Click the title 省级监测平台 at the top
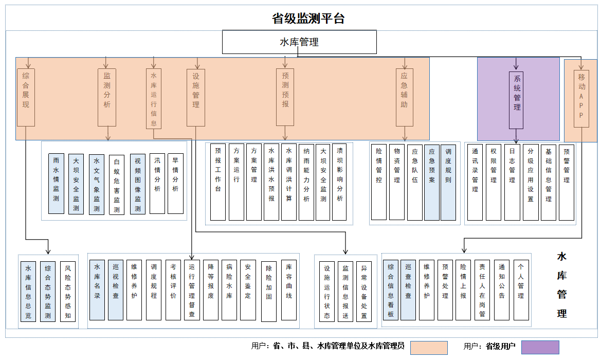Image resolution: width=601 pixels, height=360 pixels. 308,19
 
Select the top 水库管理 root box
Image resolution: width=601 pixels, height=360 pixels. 299,42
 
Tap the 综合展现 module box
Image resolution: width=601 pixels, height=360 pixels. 26,97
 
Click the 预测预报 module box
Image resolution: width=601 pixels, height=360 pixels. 285,97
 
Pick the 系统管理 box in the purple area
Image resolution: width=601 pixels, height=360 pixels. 517,100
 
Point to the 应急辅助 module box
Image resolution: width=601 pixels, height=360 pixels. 405,97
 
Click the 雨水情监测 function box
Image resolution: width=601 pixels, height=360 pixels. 56,184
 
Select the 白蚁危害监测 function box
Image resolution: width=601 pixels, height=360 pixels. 117,185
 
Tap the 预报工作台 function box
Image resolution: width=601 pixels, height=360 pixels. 218,182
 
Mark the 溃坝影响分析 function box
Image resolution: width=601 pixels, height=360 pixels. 339,182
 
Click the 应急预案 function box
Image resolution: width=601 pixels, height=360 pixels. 432,182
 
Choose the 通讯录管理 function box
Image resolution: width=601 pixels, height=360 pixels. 475,182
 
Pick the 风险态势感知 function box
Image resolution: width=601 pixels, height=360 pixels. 67,292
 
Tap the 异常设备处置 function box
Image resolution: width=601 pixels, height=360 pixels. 364,292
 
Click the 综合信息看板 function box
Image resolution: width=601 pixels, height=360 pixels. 391,290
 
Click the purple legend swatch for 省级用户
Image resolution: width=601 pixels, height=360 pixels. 540,347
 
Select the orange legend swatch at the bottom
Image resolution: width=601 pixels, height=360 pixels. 429,347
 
